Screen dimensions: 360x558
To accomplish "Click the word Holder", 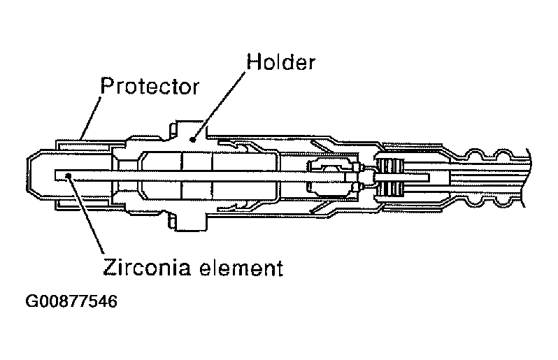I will (280, 62).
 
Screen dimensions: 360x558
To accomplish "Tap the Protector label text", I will (150, 87).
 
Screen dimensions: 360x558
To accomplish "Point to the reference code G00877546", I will (71, 302).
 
